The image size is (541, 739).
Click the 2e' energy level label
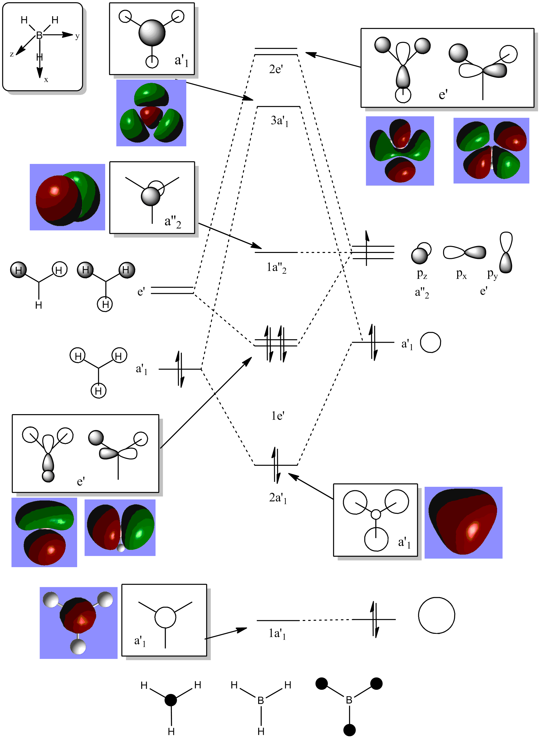276,69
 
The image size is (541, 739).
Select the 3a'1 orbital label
279,121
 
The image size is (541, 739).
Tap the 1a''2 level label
276,268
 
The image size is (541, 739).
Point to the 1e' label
278,416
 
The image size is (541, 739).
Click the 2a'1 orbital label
278,498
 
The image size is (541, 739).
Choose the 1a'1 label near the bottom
277,634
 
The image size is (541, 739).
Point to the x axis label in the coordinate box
46,80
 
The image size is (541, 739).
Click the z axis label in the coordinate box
12,54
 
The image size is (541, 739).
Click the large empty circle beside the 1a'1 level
436,615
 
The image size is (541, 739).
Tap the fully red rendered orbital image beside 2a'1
463,522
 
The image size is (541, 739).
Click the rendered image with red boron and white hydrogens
79,622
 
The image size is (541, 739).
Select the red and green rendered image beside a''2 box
67,197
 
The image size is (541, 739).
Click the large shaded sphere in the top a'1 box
152,33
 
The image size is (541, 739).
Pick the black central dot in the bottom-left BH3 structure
171,700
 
